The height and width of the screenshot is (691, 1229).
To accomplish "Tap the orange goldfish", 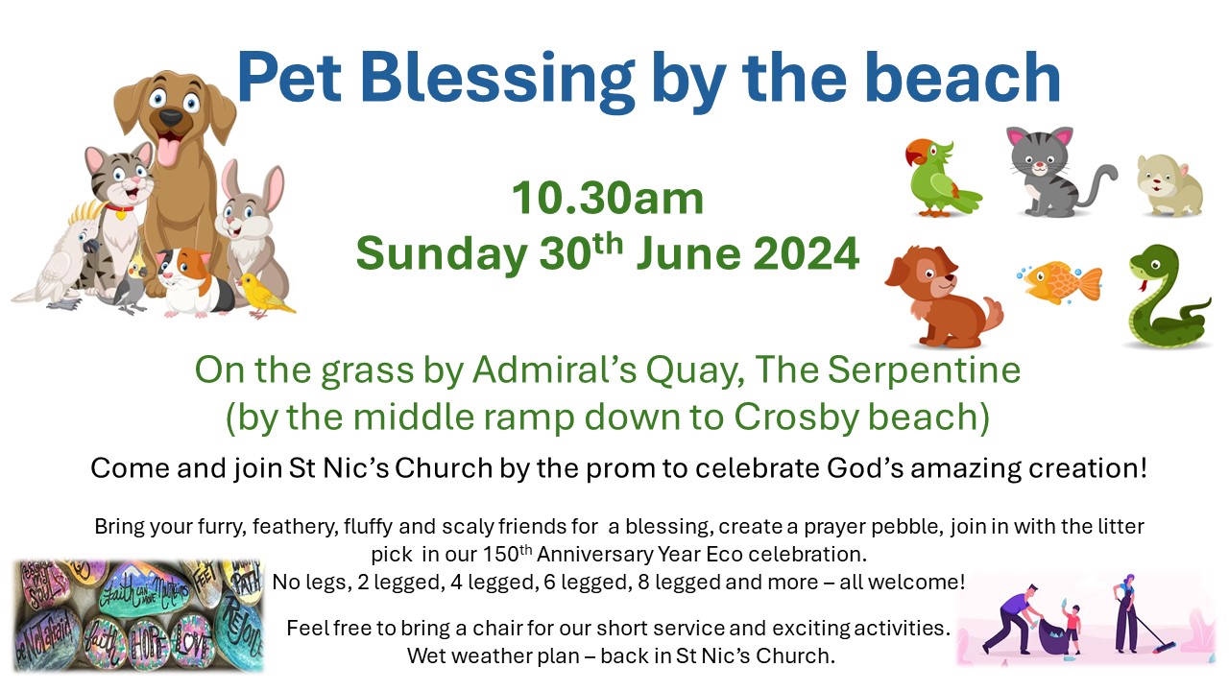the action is pos(1061,283).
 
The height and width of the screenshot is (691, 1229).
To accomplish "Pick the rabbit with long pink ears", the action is pos(253,225).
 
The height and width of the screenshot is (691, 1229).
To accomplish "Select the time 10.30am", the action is pos(608,198).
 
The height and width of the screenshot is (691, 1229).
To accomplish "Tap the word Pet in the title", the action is pos(289,78).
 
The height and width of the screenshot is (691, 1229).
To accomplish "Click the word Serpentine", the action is pos(924,370).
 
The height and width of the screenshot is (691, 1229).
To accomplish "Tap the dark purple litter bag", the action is pos(1053,636).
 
